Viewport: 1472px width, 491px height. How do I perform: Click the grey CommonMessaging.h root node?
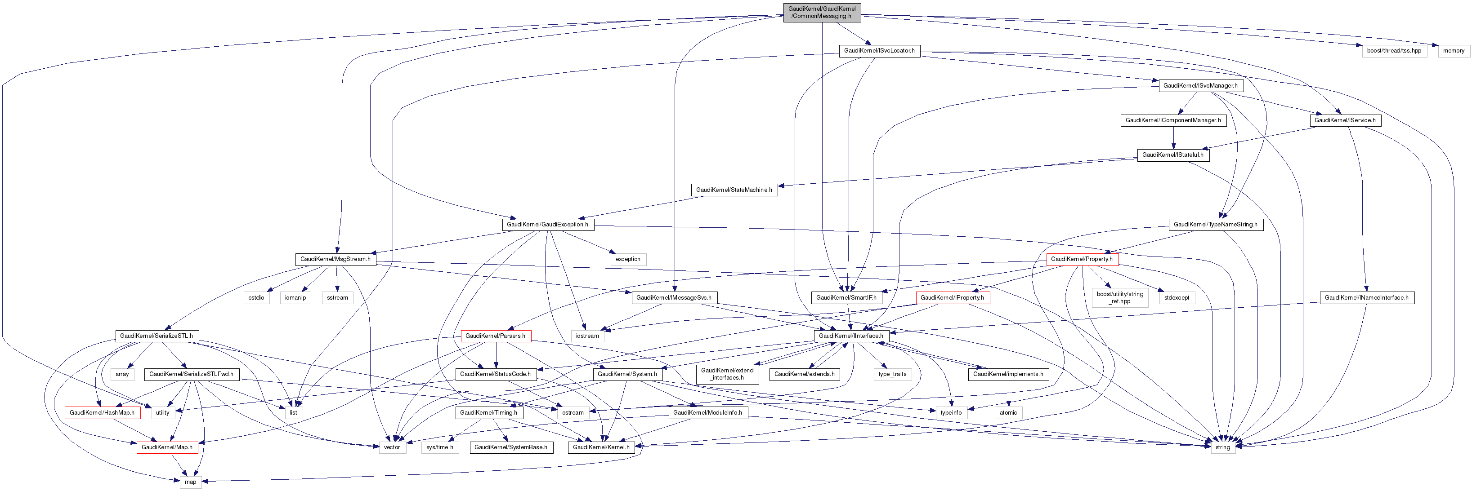(822, 13)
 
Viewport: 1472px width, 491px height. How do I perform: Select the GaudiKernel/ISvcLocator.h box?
(879, 51)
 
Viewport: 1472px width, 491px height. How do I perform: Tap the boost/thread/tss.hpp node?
(1394, 51)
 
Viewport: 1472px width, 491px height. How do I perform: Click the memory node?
(1453, 51)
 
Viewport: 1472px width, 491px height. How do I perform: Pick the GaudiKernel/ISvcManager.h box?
(1200, 86)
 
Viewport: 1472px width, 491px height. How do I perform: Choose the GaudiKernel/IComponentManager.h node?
(1173, 120)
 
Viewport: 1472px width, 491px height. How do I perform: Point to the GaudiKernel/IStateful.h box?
(1172, 155)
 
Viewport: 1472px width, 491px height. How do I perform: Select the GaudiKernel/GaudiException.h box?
(547, 224)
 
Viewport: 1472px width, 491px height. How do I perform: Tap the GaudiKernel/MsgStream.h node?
(336, 259)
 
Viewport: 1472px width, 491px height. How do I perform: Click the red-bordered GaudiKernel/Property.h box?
(1082, 259)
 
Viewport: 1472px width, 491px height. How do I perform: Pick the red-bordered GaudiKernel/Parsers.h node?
(495, 336)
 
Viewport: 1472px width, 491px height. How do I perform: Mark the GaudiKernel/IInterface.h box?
(850, 336)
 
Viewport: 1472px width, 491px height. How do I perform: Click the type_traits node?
(892, 374)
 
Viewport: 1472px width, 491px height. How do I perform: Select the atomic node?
(1008, 412)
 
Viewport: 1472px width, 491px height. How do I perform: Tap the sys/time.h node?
(439, 447)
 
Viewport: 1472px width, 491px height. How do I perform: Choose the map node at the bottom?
(190, 482)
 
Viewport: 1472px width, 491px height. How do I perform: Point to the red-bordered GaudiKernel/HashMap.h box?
(101, 412)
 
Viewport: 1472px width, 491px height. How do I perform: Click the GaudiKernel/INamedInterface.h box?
(1366, 297)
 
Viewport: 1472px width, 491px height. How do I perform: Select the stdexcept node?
(1177, 297)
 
